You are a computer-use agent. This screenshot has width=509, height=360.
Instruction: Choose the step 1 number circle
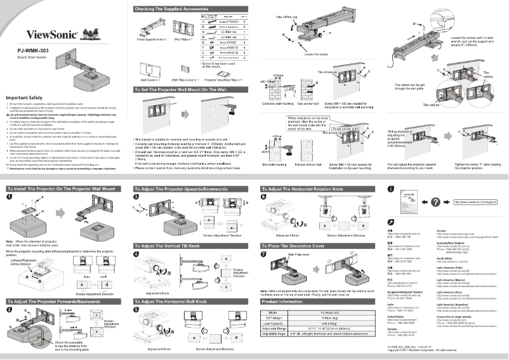[10, 197]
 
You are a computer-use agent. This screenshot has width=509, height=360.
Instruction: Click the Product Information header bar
[286, 301]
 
